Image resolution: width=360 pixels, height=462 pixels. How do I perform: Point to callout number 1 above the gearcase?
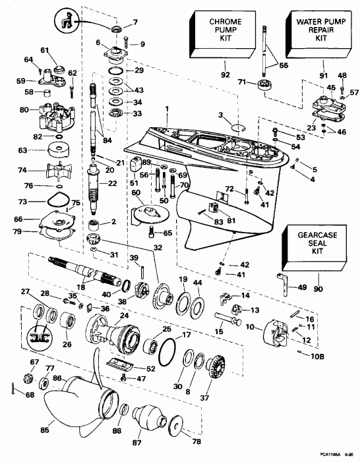tap(167, 108)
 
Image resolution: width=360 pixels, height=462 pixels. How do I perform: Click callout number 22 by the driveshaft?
tap(112, 183)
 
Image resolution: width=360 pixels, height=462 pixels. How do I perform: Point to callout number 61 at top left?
tap(45, 51)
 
